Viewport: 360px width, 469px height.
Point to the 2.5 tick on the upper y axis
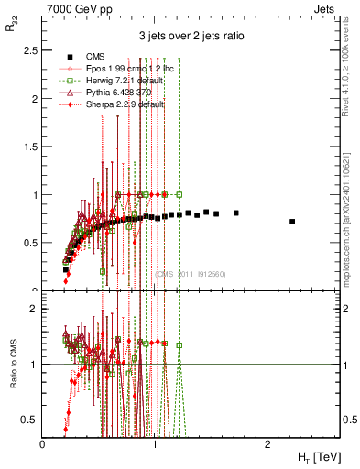pos(33,50)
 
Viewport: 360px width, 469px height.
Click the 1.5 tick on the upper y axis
pos(33,147)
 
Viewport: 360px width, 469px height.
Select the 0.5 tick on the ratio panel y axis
pos(33,419)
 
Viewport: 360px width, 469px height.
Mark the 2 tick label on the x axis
pos(267,444)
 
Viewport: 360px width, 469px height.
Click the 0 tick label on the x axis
pos(43,444)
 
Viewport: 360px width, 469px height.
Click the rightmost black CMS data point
pos(292,222)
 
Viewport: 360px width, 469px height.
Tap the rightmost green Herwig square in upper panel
pos(180,194)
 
